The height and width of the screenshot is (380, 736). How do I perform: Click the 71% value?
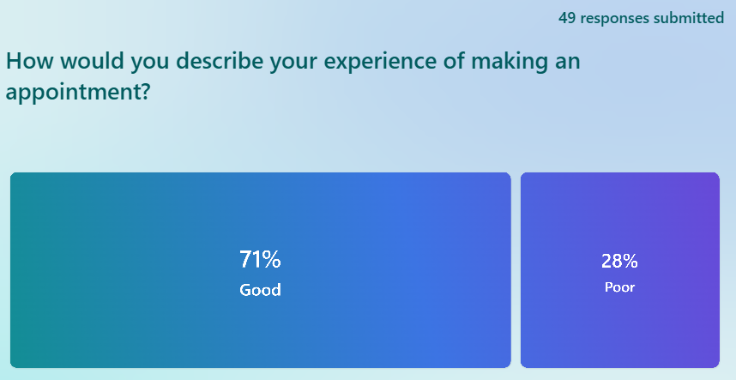pos(260,259)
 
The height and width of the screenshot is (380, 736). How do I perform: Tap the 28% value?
pos(619,261)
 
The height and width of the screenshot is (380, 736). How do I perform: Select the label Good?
pos(260,289)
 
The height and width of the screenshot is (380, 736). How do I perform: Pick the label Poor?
pos(619,287)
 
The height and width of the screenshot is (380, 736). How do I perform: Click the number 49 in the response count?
pos(567,18)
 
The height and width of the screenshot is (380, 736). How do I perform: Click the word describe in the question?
pos(214,61)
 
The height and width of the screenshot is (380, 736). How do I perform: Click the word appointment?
pos(77,92)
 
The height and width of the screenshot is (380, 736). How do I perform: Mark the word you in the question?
pos(149,63)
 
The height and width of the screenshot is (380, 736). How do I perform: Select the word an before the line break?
pos(568,63)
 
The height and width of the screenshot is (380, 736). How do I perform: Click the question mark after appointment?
pos(144,91)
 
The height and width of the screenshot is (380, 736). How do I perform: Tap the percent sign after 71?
pos(272,259)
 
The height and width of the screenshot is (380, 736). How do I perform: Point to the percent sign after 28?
pos(630,261)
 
